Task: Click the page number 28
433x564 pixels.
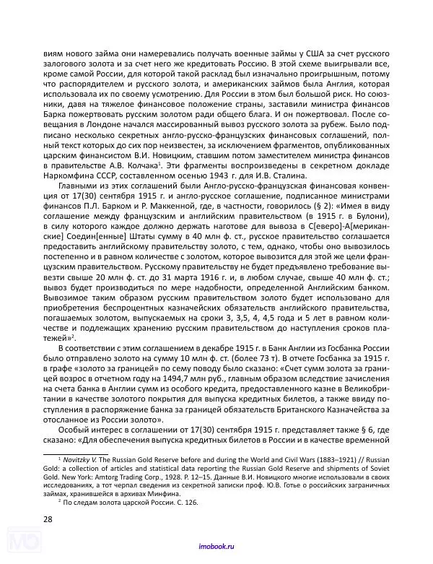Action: click(x=48, y=519)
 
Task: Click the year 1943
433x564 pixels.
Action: click(x=213, y=178)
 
